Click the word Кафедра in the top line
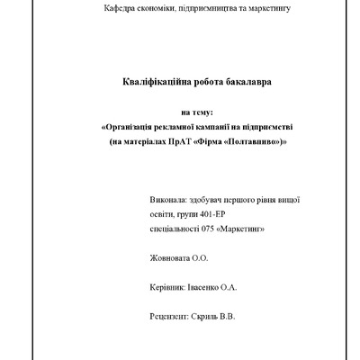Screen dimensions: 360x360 (x=121, y=8)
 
